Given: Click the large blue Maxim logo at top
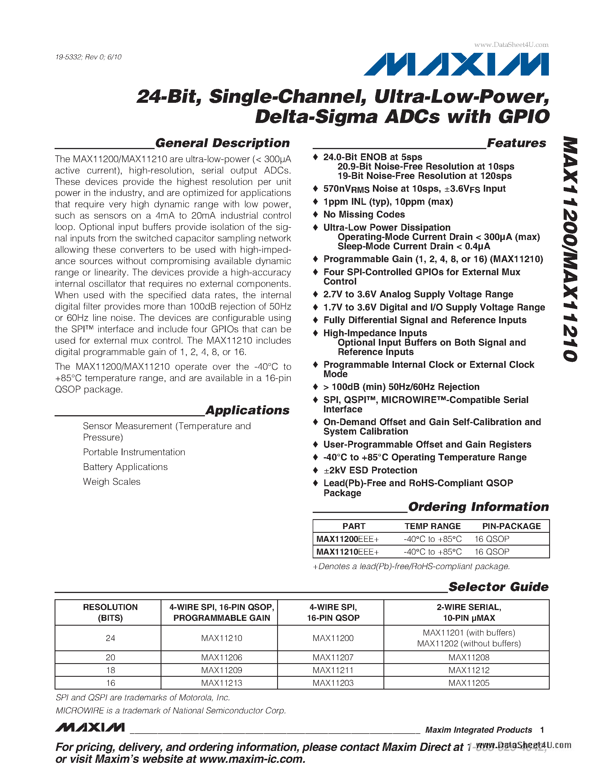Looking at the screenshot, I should pyautogui.click(x=456, y=64).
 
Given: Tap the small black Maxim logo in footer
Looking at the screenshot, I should pyautogui.click(x=90, y=727).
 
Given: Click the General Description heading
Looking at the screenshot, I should pyautogui.click(x=222, y=143).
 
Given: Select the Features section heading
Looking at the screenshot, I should pyautogui.click(x=516, y=143).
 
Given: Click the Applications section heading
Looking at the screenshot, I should pyautogui.click(x=247, y=410).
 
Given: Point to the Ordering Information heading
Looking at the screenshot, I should pyautogui.click(x=478, y=507).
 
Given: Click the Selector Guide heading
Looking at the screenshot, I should pyautogui.click(x=498, y=587).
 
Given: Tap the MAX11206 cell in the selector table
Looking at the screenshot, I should pyautogui.click(x=221, y=657).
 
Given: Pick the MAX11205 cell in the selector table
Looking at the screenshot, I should pyautogui.click(x=469, y=683).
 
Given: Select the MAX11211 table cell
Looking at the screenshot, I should pyautogui.click(x=333, y=670).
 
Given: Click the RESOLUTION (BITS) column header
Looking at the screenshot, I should pyautogui.click(x=110, y=612).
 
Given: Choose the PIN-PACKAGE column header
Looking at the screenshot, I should pyautogui.click(x=511, y=526).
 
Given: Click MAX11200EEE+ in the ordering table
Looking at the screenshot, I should pyautogui.click(x=347, y=539).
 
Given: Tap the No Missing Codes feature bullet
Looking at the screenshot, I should pyautogui.click(x=364, y=214).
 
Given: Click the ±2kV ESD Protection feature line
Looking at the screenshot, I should pyautogui.click(x=370, y=470).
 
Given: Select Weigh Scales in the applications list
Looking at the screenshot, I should pyautogui.click(x=112, y=482).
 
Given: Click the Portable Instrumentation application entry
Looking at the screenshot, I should pyautogui.click(x=134, y=452).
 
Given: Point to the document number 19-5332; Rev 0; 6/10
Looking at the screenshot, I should pyautogui.click(x=88, y=57).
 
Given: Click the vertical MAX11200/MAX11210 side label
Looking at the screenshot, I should pyautogui.click(x=570, y=249).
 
